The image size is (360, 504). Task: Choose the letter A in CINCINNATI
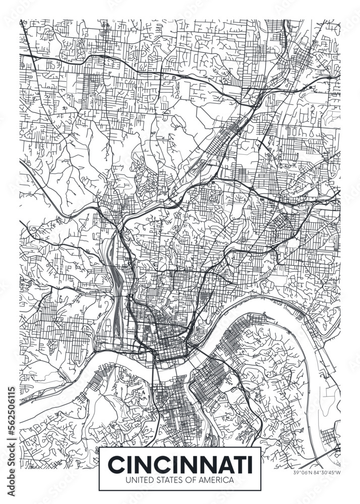222,463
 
